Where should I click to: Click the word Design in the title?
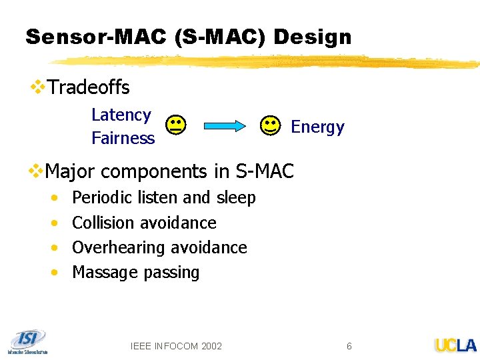(312, 37)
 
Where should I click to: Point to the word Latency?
(121, 115)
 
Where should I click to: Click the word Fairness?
(123, 139)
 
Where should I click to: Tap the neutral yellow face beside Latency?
(176, 125)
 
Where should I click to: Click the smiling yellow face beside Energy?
(270, 125)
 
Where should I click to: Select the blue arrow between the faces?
(223, 126)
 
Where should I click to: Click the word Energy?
(317, 127)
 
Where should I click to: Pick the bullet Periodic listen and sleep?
(163, 198)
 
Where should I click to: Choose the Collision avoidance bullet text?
(144, 223)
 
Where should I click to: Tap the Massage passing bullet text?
(135, 272)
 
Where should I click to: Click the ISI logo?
(27, 340)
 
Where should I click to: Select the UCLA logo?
(455, 345)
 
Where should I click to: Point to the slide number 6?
(349, 345)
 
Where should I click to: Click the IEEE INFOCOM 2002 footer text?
(176, 345)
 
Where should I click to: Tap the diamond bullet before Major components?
(36, 171)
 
